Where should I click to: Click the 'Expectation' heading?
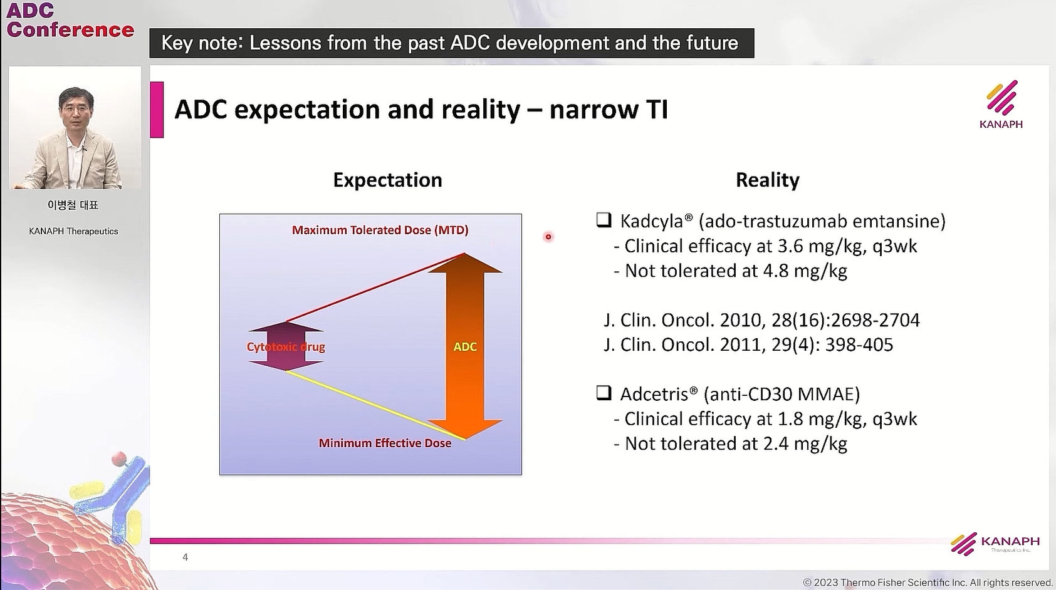[x=387, y=180]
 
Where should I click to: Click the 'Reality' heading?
[x=768, y=180]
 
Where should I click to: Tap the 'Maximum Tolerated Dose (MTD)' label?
[x=380, y=230]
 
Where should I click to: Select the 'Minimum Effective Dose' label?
[x=385, y=443]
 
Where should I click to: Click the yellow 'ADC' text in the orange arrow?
[x=465, y=347]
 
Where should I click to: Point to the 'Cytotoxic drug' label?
[x=286, y=347]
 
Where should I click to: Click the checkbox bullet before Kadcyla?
[x=604, y=220]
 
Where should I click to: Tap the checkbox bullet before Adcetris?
[x=604, y=393]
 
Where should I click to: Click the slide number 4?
[x=186, y=557]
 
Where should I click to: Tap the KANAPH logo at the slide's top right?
[x=1001, y=105]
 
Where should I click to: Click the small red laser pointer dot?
[x=548, y=237]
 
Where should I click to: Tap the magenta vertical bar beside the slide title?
[x=157, y=110]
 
